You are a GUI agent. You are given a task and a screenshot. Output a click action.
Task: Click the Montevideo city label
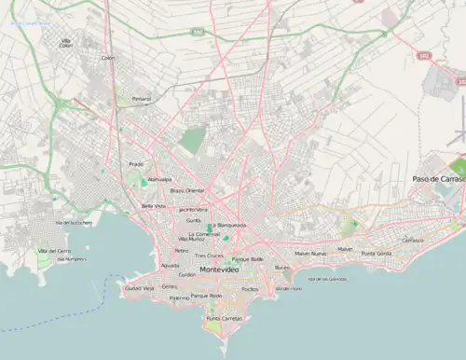220,269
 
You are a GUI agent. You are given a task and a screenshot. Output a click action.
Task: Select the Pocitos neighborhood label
249,289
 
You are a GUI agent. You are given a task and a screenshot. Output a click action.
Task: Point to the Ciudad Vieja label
139,289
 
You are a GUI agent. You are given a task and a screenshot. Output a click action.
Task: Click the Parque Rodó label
206,296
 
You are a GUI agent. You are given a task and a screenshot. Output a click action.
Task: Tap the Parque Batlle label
248,258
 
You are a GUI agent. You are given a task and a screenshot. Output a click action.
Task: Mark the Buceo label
282,268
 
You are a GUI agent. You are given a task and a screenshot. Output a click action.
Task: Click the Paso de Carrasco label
438,178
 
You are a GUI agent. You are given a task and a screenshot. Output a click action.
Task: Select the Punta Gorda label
377,254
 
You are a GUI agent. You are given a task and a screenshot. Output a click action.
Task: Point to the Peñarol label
141,97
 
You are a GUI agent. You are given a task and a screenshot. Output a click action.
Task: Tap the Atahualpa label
159,178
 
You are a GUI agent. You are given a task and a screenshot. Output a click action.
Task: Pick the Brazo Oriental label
186,190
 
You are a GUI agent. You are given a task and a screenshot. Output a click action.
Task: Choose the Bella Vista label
153,205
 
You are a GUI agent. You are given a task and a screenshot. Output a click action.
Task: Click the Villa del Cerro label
54,252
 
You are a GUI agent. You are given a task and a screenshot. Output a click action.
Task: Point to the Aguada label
170,265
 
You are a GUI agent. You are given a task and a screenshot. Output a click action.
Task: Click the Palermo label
179,298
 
